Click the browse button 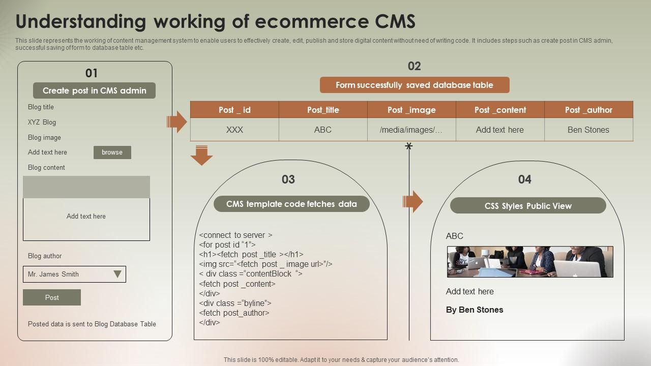click(x=112, y=152)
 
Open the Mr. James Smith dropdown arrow click(x=117, y=274)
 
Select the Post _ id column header click(x=234, y=110)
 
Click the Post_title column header click(x=323, y=110)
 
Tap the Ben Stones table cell click(x=588, y=130)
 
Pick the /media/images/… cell click(x=411, y=130)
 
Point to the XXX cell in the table click(x=234, y=130)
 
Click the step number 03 click(x=288, y=179)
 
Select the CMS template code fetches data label click(x=291, y=204)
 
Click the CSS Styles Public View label click(x=528, y=206)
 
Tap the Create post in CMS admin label click(x=94, y=90)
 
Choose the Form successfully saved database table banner click(x=415, y=85)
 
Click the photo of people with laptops click(x=530, y=262)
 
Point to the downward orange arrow click(x=201, y=156)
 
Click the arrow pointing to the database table click(x=177, y=122)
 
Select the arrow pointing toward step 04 click(x=413, y=202)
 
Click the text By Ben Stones click(x=475, y=310)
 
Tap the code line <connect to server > click(x=236, y=235)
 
